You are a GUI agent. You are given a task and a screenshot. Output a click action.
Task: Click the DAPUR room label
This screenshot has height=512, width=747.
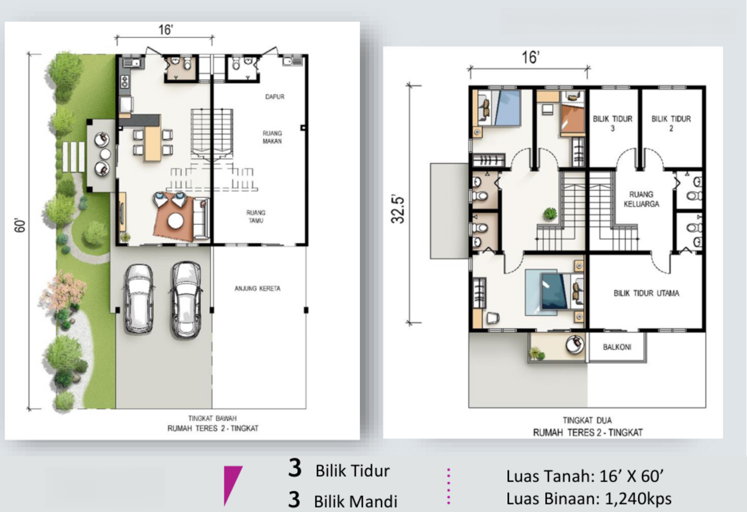tap(275, 97)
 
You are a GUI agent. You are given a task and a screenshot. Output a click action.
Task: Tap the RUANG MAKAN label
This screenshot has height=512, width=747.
tap(272, 137)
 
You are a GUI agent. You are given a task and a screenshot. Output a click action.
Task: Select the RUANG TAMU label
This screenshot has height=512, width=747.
tap(256, 217)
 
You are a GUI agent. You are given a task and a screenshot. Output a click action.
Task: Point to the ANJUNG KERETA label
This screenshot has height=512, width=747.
tap(257, 288)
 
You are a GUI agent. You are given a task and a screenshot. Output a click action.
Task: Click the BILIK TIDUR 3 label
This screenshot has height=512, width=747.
tap(613, 124)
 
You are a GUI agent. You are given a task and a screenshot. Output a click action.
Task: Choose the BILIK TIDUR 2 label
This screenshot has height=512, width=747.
tap(671, 124)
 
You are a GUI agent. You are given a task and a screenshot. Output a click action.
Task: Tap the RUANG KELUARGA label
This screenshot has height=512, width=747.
tap(641, 199)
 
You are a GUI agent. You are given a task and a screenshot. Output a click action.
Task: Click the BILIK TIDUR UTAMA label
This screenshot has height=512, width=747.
tap(646, 293)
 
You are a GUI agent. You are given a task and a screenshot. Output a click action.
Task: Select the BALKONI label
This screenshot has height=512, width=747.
tap(617, 347)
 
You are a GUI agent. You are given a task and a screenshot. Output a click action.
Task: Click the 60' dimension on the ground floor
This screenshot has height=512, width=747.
tap(20, 226)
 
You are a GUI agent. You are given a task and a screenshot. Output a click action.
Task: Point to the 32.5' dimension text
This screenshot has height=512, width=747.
tap(398, 209)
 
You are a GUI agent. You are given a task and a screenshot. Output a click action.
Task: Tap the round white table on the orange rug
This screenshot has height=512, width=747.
tap(175, 221)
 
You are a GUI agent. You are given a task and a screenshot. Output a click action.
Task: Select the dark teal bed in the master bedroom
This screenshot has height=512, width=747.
tap(554, 291)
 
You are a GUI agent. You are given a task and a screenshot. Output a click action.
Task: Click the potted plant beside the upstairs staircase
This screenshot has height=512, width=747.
tap(550, 214)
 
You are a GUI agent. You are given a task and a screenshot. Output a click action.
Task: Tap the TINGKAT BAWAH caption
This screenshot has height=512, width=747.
tap(213, 418)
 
